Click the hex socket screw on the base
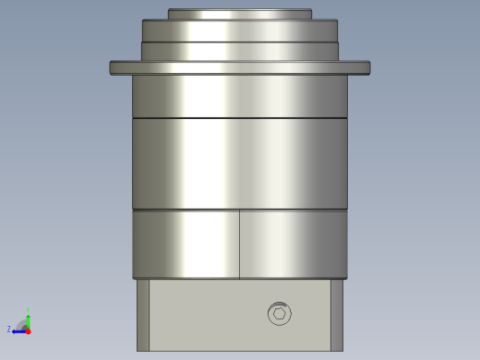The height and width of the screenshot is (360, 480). pos(279,314)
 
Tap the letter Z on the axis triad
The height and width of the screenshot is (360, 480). pos(9,329)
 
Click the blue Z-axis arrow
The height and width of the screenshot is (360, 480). pos(18,330)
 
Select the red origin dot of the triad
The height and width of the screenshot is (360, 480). pos(28,330)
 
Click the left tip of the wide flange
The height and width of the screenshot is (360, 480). pos(113,67)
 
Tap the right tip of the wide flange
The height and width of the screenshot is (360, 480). pos(367,67)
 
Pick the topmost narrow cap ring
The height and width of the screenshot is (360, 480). pos(240,14)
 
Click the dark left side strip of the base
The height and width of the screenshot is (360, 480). pos(143,315)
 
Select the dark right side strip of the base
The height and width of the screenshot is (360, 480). pos(337,315)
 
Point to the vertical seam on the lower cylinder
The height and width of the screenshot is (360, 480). pos(240,245)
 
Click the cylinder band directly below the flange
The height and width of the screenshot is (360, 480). pos(240,96)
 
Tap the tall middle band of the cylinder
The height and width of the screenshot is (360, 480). pos(240,163)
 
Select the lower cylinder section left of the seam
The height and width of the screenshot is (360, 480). pos(185,245)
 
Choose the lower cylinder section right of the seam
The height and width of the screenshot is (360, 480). pos(294,245)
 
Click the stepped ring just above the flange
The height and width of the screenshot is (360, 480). pos(240,51)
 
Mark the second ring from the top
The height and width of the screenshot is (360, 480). pos(240,30)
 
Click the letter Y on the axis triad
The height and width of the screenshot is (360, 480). pos(28,310)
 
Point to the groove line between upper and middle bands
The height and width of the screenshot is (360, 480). pos(240,118)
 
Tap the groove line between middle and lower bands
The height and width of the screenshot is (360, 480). pos(240,210)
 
